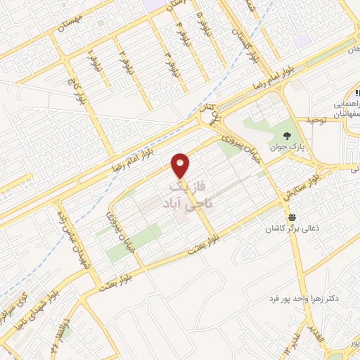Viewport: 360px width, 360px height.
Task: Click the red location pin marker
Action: point(181,165)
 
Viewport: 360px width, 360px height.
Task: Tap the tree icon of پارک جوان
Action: point(287,135)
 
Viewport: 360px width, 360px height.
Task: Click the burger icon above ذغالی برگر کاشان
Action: point(291,217)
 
